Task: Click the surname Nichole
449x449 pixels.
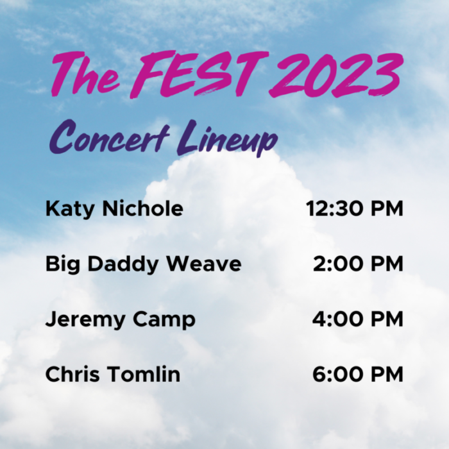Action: (142, 209)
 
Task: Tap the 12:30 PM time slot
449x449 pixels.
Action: (354, 209)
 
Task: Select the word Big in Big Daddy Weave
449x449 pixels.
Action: (60, 264)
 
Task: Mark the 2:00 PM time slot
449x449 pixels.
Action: (358, 264)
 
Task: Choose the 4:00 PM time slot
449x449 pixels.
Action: (358, 319)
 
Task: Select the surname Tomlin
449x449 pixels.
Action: (144, 374)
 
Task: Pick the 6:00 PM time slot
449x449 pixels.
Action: (358, 374)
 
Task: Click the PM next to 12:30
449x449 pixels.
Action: (387, 209)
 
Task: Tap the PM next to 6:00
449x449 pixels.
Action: (387, 374)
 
